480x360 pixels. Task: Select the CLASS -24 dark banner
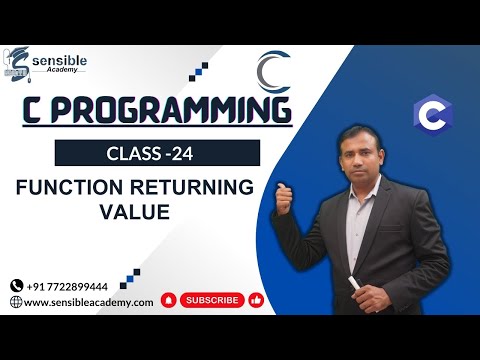point(157,153)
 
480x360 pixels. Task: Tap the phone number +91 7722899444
point(79,284)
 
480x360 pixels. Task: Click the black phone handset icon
point(16,284)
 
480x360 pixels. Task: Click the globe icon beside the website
point(16,301)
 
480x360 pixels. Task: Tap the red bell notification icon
point(169,299)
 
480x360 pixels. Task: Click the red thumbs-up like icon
point(257,299)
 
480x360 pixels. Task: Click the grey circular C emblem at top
point(274,73)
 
